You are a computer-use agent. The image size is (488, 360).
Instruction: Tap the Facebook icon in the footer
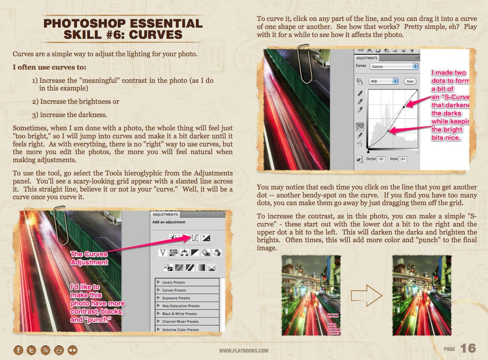click(x=18, y=350)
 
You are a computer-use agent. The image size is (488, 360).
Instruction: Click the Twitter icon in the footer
click(x=32, y=350)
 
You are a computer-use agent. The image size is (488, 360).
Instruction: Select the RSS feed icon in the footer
click(x=46, y=350)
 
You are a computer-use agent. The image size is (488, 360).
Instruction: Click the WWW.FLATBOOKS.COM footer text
click(x=244, y=351)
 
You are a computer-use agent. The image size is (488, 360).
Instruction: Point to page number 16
click(x=468, y=349)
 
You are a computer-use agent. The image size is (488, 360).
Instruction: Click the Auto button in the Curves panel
click(x=410, y=81)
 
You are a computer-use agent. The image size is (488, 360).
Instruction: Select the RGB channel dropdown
click(x=383, y=81)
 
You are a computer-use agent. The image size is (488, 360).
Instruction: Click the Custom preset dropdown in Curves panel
click(x=394, y=66)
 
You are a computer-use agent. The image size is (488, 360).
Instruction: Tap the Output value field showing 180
click(x=381, y=159)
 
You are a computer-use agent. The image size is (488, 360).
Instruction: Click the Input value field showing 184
click(x=403, y=159)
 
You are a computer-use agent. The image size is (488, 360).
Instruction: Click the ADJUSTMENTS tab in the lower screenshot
click(x=165, y=214)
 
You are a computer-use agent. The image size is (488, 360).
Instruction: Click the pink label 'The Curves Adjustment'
click(x=89, y=258)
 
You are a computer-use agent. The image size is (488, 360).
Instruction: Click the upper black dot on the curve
click(x=404, y=107)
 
